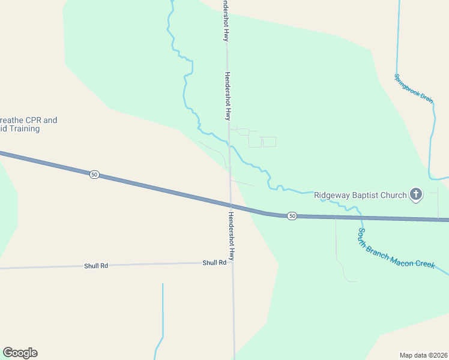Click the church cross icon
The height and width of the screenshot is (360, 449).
(x=415, y=194)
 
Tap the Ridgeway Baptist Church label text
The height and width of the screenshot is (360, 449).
(x=360, y=195)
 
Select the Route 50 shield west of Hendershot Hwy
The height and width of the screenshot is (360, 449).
(x=94, y=174)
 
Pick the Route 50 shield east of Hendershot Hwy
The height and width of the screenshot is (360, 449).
(x=291, y=215)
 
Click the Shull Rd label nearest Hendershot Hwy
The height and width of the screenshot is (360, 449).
(x=214, y=263)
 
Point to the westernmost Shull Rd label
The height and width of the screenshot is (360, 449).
(x=96, y=265)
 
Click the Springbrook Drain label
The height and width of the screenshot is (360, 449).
(x=414, y=88)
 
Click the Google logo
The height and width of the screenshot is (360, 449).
(x=20, y=353)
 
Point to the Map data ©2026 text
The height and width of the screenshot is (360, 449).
(x=424, y=355)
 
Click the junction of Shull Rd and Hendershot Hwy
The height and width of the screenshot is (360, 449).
(x=232, y=262)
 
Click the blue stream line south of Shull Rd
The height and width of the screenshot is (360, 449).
(x=162, y=312)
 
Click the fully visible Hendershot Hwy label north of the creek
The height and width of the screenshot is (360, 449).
(x=228, y=96)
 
